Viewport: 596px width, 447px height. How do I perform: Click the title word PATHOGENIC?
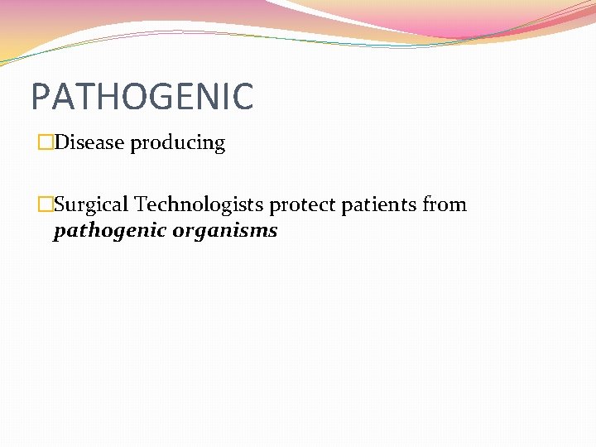142,96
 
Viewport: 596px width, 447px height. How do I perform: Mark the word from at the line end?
445,204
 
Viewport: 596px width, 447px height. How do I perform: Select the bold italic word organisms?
225,231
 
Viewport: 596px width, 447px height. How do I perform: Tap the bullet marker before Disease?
46,143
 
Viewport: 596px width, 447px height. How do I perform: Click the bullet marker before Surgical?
46,204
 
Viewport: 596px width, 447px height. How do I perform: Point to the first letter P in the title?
41,96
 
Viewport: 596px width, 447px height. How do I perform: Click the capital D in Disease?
61,142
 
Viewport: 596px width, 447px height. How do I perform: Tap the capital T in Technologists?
141,204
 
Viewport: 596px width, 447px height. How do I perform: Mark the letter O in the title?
131,96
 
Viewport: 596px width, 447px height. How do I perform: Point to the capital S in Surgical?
59,204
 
